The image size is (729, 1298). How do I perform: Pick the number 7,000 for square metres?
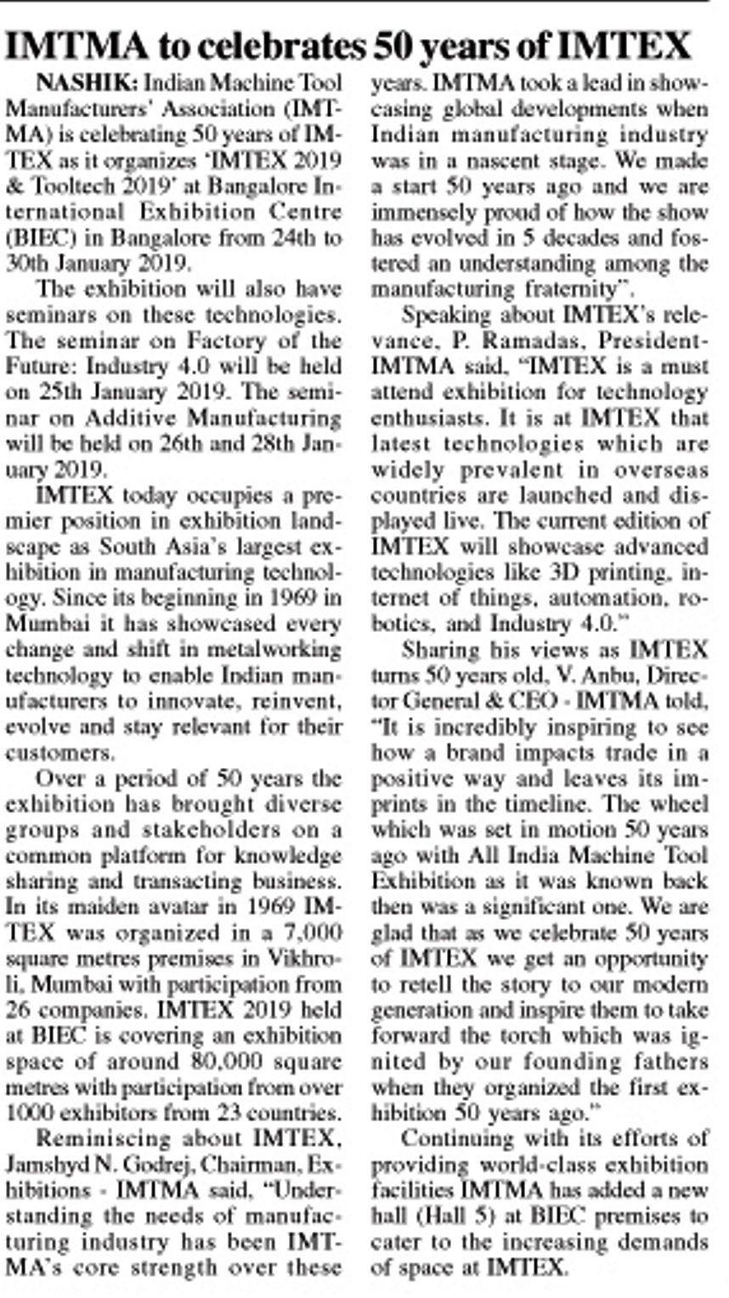[x=312, y=932]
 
